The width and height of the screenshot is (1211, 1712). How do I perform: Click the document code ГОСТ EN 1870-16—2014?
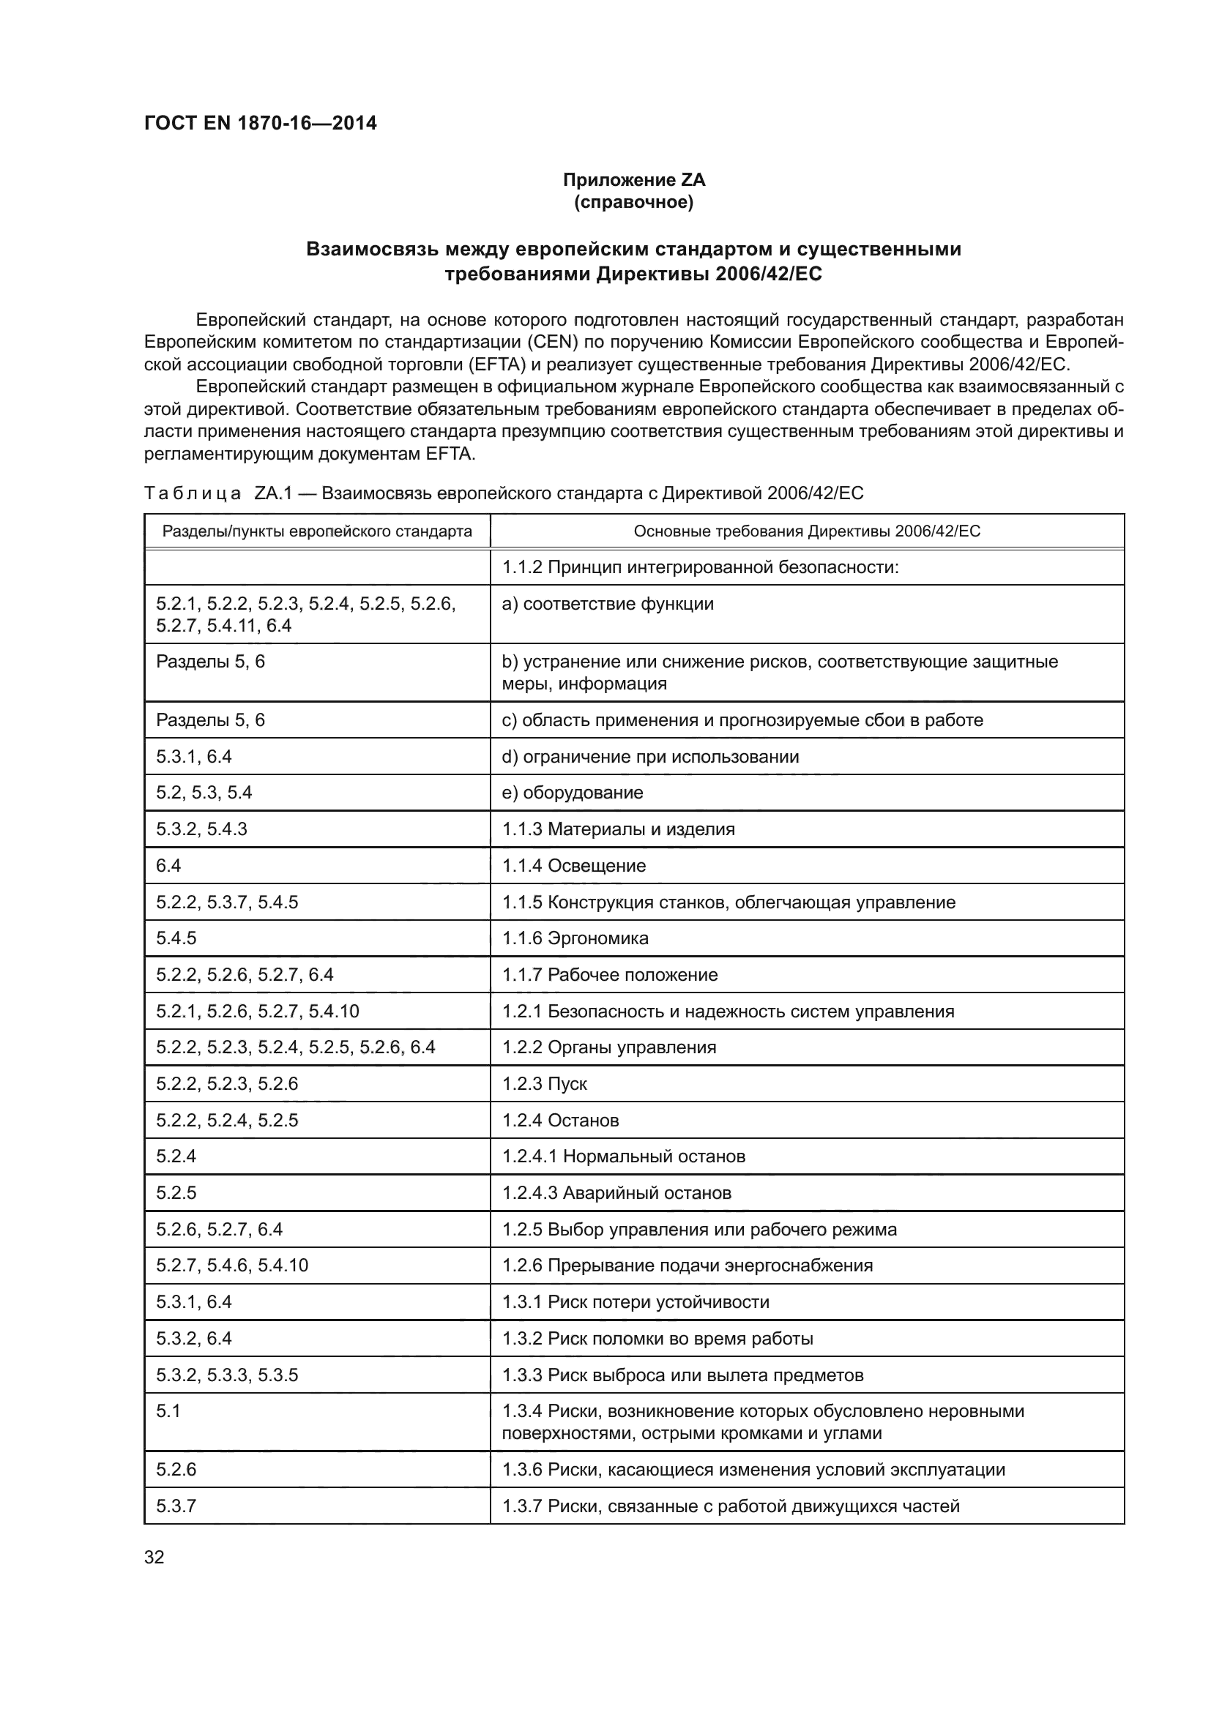pyautogui.click(x=260, y=123)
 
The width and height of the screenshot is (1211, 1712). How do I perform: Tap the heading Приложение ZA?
pyautogui.click(x=633, y=180)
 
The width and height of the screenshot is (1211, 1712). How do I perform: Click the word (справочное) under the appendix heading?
pyautogui.click(x=633, y=202)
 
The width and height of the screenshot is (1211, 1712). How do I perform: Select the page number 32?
pyautogui.click(x=154, y=1557)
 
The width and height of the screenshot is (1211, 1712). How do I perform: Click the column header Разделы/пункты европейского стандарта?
pyautogui.click(x=317, y=531)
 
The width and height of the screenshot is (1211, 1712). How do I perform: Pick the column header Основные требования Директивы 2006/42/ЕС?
pyautogui.click(x=807, y=531)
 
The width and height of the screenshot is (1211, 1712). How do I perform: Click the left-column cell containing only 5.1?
pyautogui.click(x=168, y=1410)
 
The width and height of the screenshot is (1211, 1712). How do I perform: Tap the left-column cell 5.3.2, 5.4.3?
pyautogui.click(x=201, y=829)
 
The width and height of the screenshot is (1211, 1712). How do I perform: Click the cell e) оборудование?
pyautogui.click(x=572, y=792)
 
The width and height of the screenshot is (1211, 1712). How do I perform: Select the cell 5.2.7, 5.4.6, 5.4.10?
pyautogui.click(x=232, y=1266)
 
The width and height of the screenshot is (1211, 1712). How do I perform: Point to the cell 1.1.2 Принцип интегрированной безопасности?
pyautogui.click(x=700, y=567)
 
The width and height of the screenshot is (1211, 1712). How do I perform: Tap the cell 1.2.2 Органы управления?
pyautogui.click(x=608, y=1047)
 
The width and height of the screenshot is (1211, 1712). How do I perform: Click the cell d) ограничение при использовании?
pyautogui.click(x=650, y=757)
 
